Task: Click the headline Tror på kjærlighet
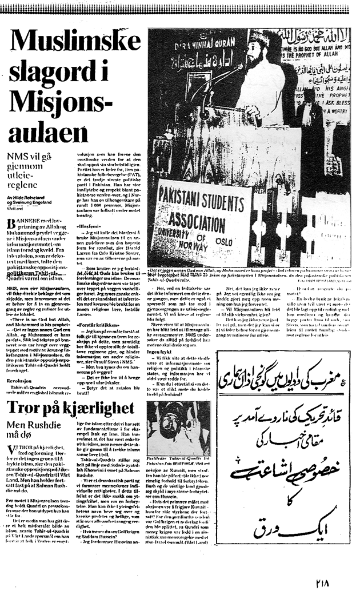70,408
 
